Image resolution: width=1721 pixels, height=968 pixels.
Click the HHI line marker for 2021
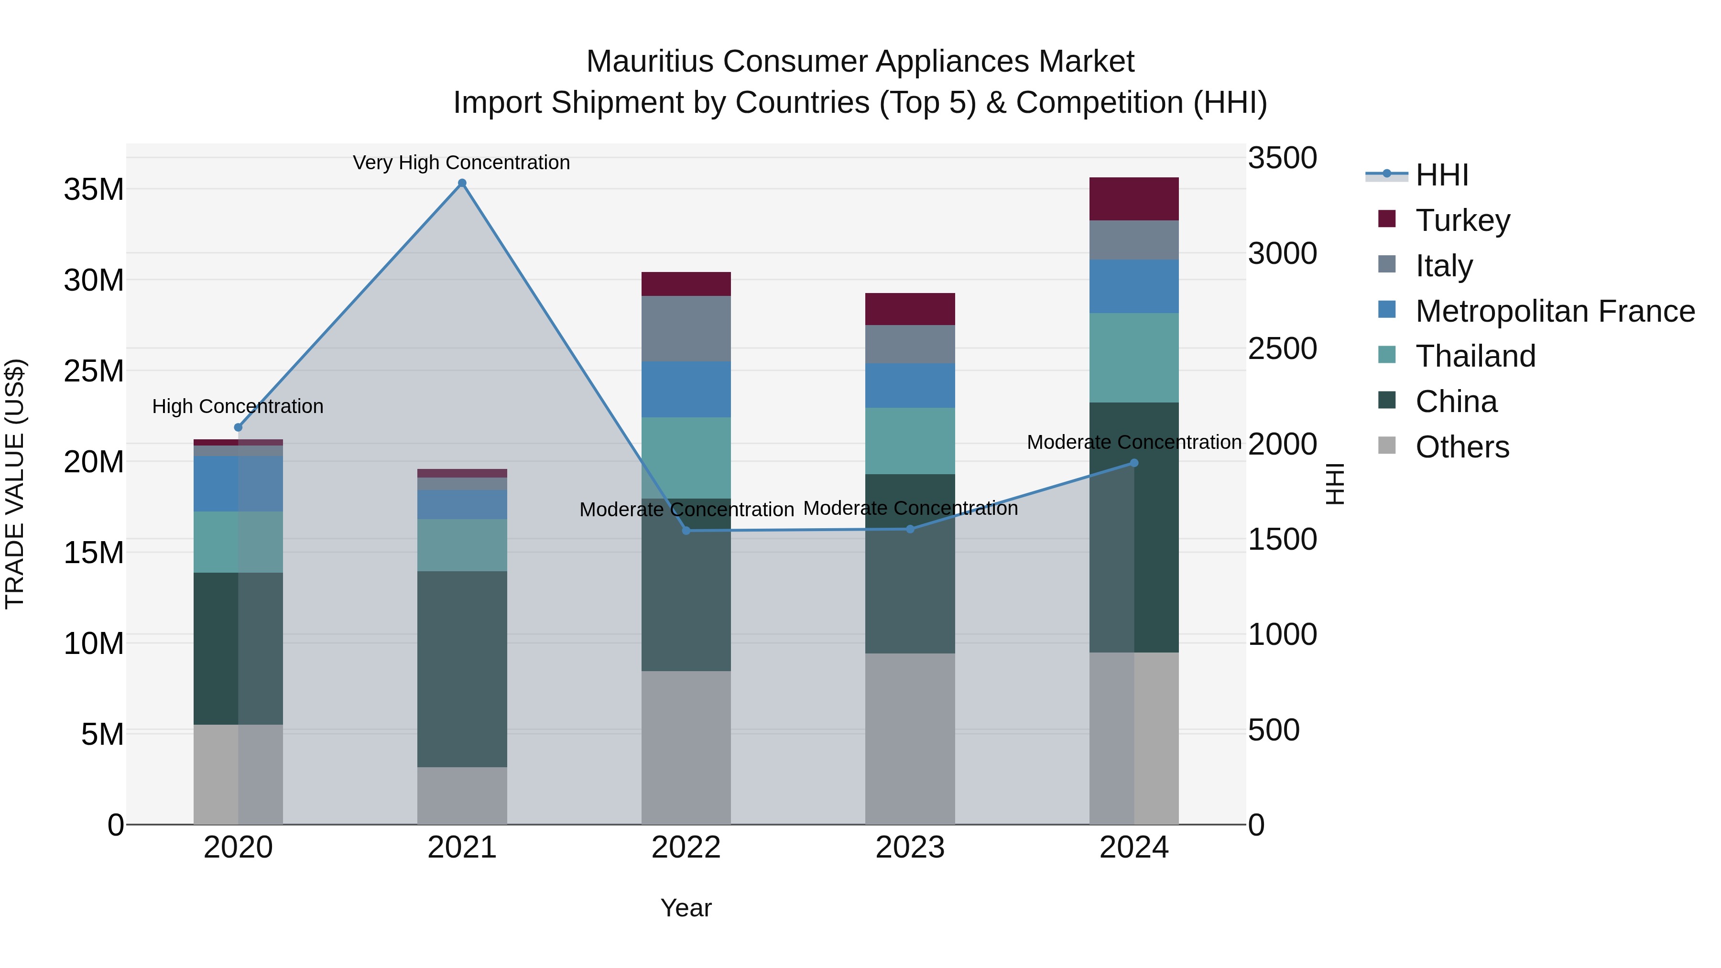(462, 183)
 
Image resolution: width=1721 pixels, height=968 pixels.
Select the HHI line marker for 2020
(239, 427)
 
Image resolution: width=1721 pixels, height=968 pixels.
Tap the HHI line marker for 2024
(1134, 463)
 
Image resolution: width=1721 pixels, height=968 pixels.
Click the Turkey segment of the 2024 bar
(1134, 198)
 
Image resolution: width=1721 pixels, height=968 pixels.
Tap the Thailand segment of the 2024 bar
(1134, 358)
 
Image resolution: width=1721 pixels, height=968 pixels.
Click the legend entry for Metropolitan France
(1555, 311)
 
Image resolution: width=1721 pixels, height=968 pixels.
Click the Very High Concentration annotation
(462, 163)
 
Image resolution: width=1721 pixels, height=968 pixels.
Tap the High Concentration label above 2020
(238, 406)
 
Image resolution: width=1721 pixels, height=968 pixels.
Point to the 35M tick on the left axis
(94, 190)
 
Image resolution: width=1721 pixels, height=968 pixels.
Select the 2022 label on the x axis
(686, 848)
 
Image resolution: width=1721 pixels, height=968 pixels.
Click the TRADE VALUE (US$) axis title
(15, 484)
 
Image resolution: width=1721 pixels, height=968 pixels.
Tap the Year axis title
(686, 908)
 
